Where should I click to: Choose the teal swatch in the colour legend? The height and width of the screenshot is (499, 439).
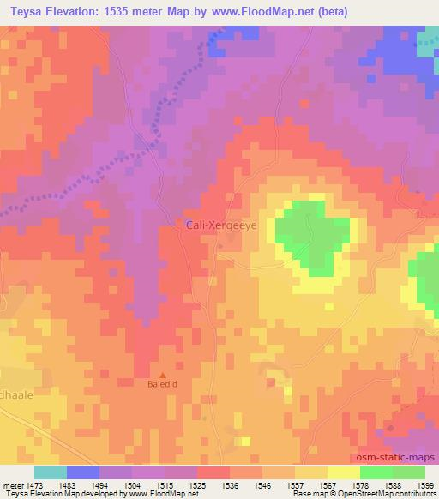51,472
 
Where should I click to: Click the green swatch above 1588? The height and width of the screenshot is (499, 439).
376,472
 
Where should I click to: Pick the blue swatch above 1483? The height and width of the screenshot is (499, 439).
83,472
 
